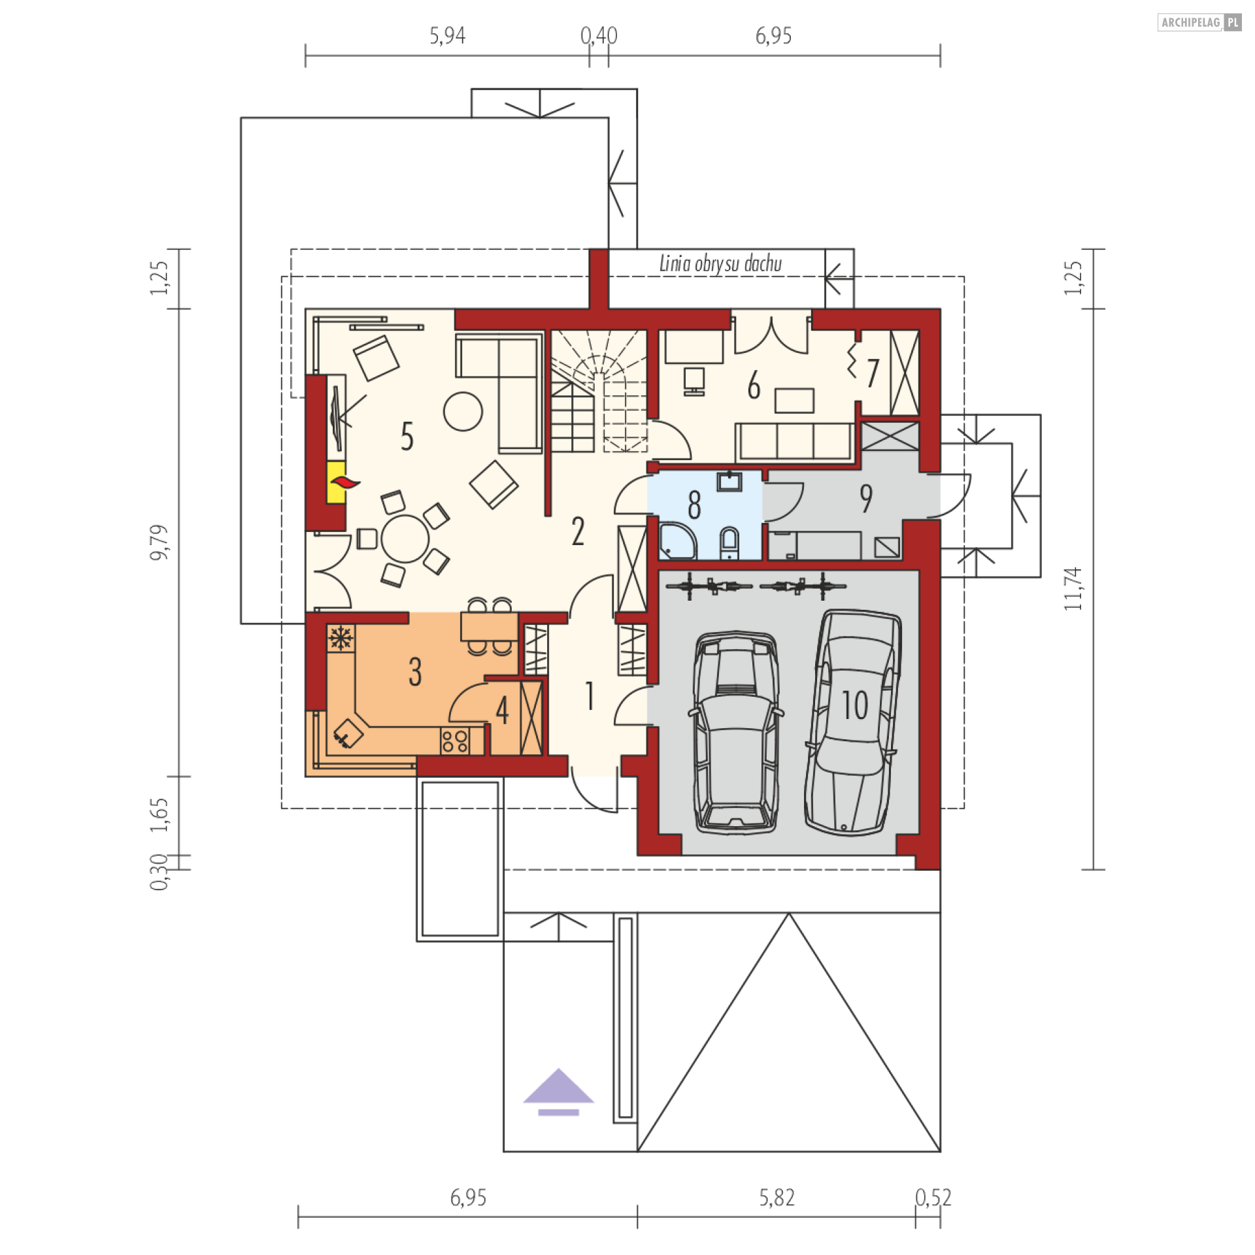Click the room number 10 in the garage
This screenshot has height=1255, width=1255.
[854, 705]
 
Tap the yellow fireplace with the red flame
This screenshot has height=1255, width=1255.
[337, 482]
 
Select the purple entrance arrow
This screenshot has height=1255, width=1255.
[558, 1092]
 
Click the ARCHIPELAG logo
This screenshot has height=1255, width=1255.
[1199, 22]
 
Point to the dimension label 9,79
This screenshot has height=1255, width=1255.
[159, 543]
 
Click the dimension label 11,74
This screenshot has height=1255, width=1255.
[1073, 589]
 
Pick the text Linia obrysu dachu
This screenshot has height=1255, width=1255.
[720, 263]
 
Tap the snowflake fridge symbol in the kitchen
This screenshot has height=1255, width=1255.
[341, 638]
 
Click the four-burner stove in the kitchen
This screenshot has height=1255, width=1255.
[455, 741]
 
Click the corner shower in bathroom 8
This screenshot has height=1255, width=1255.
[677, 541]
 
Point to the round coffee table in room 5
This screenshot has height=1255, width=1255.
[463, 411]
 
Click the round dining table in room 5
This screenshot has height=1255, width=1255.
[405, 539]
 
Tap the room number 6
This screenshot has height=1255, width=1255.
[754, 385]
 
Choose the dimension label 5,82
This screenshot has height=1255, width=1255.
[777, 1197]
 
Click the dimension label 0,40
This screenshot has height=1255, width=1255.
[599, 35]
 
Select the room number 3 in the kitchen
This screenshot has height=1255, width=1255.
[415, 672]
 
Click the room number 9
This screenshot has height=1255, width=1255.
[866, 499]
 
